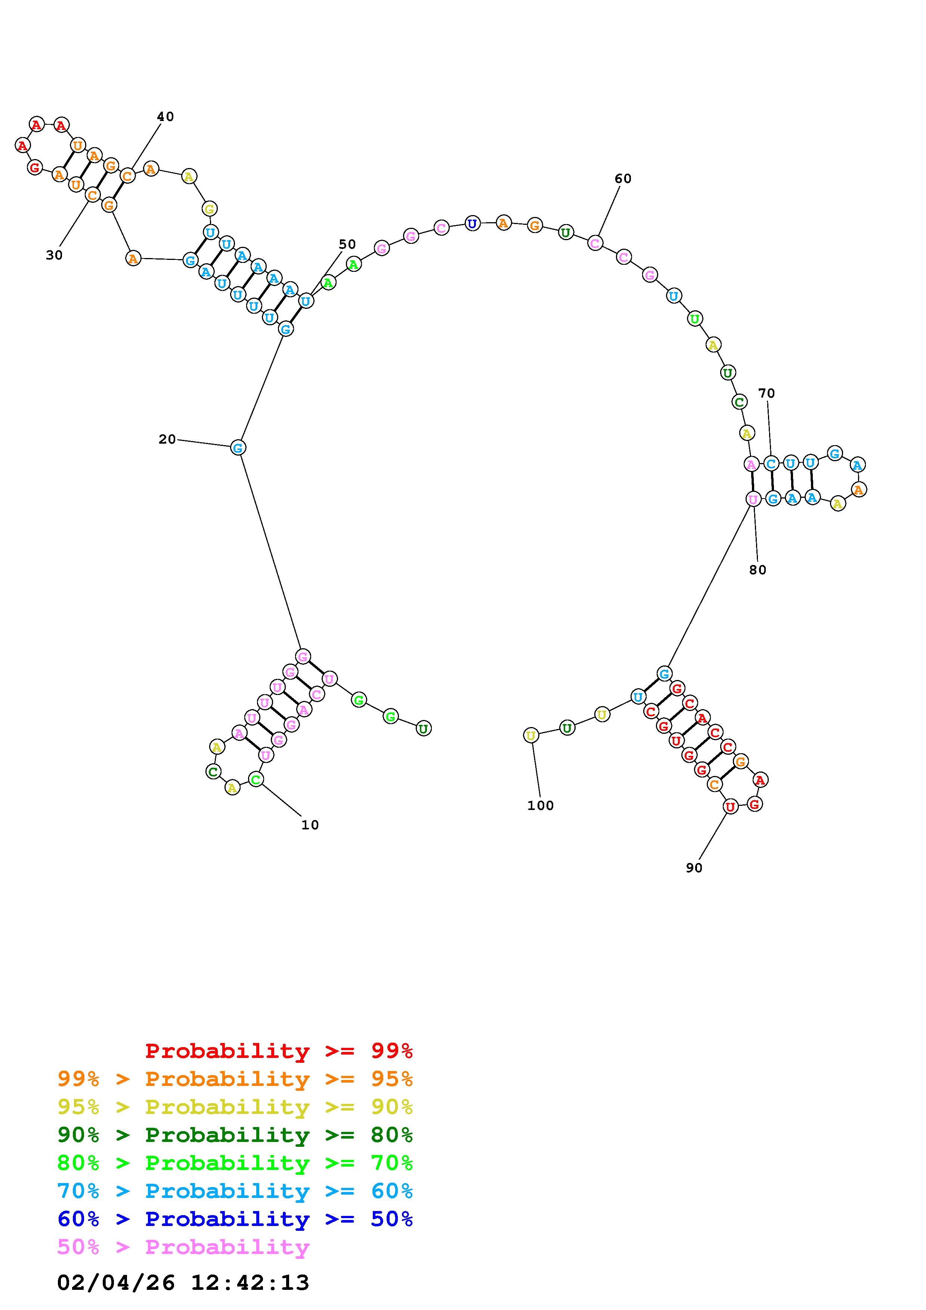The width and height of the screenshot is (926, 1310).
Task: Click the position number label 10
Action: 310,825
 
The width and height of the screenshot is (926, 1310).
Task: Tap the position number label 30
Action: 54,255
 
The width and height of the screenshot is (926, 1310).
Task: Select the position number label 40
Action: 165,117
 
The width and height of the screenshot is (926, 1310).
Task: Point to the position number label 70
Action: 766,393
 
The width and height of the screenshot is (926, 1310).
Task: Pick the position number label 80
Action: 758,570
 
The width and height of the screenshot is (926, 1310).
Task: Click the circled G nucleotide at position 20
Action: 238,447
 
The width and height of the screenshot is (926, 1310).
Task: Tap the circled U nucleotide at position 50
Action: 306,301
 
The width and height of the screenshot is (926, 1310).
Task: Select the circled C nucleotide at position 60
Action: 595,243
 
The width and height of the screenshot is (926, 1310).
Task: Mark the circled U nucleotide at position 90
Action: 730,807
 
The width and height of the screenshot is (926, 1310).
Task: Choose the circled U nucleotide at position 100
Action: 530,735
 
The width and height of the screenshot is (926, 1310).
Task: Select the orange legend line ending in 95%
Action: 235,1079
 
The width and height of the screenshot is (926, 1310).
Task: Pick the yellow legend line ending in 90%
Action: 235,1107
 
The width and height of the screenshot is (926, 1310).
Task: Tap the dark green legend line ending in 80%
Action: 235,1135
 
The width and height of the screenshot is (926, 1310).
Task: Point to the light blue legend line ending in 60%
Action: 235,1191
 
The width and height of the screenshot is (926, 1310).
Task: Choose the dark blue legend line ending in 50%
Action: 235,1219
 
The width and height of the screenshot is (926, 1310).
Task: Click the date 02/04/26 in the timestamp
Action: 116,1283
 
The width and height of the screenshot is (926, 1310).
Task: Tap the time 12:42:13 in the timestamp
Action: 250,1283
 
